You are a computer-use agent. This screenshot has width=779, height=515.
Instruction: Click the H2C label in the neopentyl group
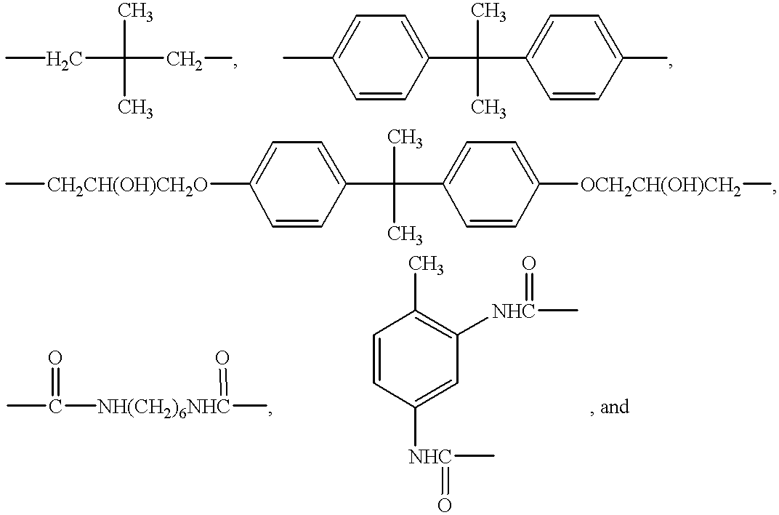pyautogui.click(x=65, y=60)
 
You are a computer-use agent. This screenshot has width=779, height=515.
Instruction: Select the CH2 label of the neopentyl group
pyautogui.click(x=185, y=60)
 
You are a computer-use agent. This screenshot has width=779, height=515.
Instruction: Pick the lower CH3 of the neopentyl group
pyautogui.click(x=135, y=107)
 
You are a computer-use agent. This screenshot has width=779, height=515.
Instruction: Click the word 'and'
pyautogui.click(x=615, y=407)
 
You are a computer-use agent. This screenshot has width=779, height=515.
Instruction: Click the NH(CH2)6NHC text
pyautogui.click(x=164, y=407)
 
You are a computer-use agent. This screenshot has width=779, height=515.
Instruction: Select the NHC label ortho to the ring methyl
pyautogui.click(x=513, y=311)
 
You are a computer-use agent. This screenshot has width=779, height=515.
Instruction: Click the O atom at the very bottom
pyautogui.click(x=444, y=505)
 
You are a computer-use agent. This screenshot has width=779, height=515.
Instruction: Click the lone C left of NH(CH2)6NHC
pyautogui.click(x=55, y=407)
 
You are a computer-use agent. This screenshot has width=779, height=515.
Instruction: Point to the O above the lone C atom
pyautogui.click(x=55, y=358)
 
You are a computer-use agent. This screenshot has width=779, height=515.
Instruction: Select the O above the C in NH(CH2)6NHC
pyautogui.click(x=222, y=358)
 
